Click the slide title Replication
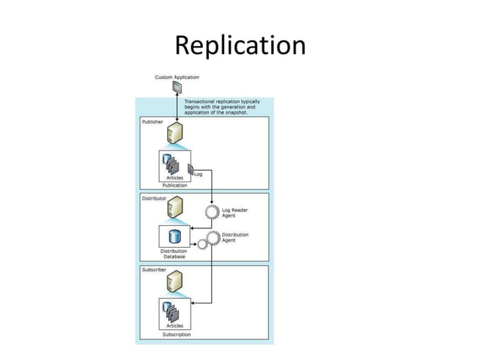coord(240,46)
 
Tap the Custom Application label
coord(177,77)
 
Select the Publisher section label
coord(153,122)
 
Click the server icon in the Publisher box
coord(175,135)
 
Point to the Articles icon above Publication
coord(173,163)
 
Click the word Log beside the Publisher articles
coord(199,174)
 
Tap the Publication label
coord(174,185)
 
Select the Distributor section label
coord(155,199)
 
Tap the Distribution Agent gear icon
coord(212,238)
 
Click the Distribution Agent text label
coord(236,237)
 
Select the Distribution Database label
coord(174,254)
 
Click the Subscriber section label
coord(155,269)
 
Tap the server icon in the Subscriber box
coord(175,282)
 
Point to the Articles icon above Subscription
coord(173,311)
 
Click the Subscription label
coord(176,334)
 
